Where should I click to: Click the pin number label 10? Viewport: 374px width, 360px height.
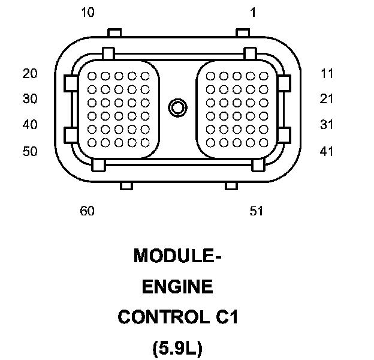(x=88, y=13)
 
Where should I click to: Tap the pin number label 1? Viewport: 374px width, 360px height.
(x=253, y=13)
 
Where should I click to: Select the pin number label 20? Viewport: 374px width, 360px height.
(x=30, y=74)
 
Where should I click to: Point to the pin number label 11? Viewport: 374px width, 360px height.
(x=327, y=74)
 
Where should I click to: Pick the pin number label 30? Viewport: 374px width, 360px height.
(x=30, y=99)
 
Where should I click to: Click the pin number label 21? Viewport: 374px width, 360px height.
(x=327, y=99)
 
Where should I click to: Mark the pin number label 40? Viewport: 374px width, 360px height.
(x=30, y=125)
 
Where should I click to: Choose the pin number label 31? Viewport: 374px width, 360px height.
(x=327, y=125)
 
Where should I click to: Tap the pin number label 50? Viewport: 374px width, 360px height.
(x=30, y=151)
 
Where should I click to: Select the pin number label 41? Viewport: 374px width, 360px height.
(x=327, y=151)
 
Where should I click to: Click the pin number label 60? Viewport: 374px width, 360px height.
(x=88, y=211)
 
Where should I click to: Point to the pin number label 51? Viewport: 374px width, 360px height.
(x=257, y=211)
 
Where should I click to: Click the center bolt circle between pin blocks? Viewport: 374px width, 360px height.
(x=177, y=108)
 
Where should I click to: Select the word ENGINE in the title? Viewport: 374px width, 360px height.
(x=177, y=287)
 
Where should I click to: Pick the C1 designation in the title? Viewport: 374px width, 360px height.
(x=226, y=317)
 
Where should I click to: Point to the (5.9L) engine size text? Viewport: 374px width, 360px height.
(x=178, y=348)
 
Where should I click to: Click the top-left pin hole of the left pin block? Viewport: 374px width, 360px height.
(x=92, y=76)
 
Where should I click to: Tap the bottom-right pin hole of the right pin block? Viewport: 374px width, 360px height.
(x=264, y=142)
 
